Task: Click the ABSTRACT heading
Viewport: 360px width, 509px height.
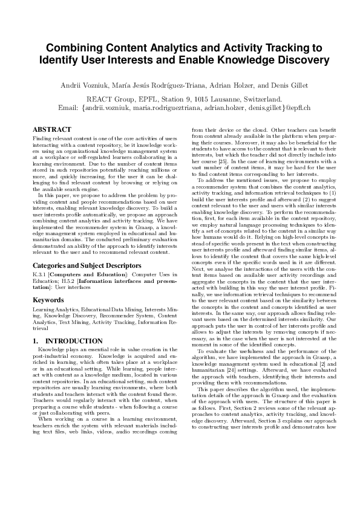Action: tap(51, 129)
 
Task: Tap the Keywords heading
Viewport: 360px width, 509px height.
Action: tap(48, 299)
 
